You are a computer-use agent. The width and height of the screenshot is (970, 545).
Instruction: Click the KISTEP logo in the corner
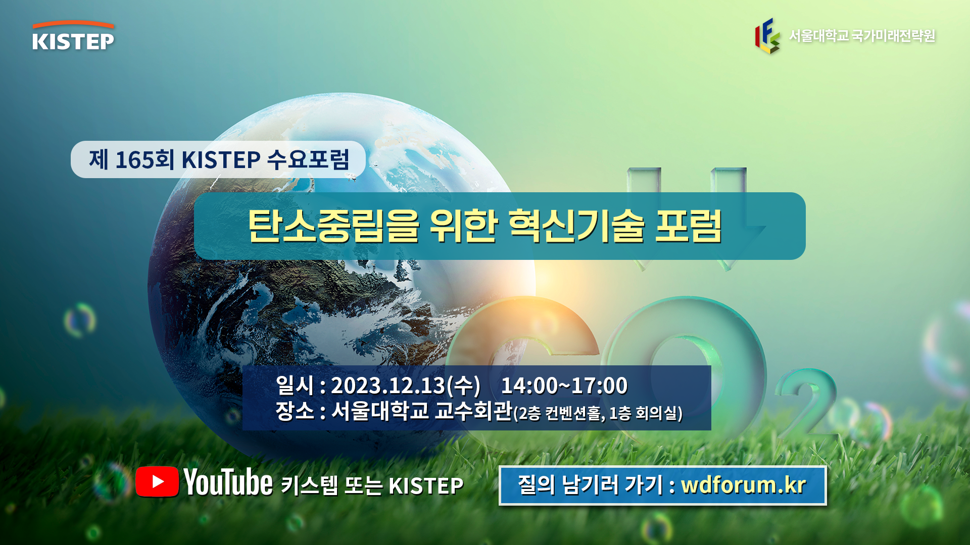point(73,35)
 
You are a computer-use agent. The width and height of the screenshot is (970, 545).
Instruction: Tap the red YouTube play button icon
point(157,481)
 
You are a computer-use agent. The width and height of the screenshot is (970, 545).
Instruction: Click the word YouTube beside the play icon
point(228,482)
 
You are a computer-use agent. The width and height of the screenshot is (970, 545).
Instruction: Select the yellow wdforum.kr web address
point(743,485)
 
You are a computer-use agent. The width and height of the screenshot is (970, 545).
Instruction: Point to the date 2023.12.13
point(388,386)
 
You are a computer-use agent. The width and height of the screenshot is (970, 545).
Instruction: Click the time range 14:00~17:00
point(564,386)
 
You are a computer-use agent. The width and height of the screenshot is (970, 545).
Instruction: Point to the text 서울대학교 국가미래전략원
point(862,36)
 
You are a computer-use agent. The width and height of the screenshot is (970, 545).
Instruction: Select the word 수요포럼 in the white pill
point(308,159)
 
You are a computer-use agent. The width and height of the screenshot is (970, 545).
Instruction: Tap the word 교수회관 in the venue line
point(474,411)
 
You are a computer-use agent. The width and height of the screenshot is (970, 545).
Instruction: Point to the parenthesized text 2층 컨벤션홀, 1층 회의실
point(598,413)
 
